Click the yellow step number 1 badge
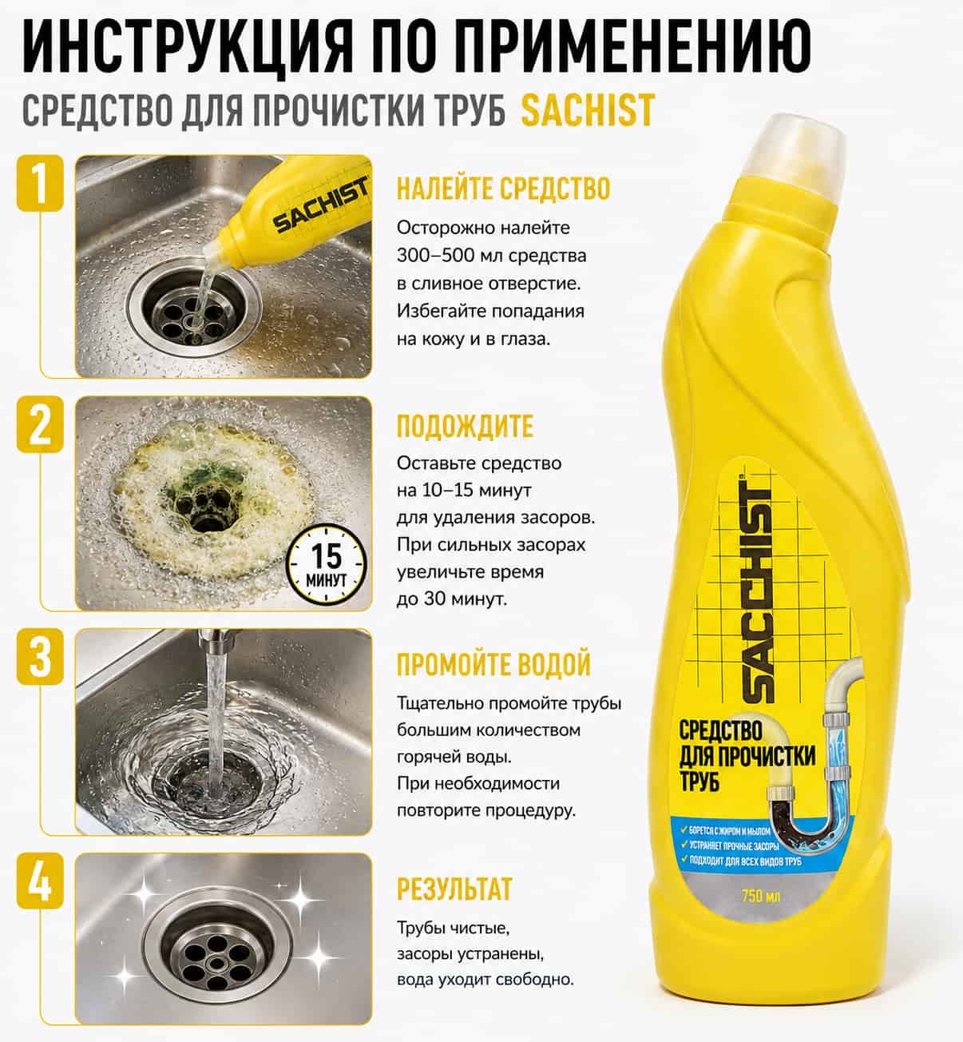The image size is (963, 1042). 40,183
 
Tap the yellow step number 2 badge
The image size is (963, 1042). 40,424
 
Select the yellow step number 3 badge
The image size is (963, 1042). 40,656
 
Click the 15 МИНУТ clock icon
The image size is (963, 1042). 327,564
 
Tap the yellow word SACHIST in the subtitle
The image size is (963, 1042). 588,110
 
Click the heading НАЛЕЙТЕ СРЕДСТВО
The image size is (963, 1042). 504,189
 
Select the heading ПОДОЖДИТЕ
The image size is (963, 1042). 465,426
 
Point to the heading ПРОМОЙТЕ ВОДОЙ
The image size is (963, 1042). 493,664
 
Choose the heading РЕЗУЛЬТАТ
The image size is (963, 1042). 454,889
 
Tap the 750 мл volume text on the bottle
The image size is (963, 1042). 761,896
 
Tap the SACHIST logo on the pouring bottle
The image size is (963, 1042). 321,205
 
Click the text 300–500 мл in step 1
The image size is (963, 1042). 444,256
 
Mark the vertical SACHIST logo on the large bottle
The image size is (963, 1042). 759,590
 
